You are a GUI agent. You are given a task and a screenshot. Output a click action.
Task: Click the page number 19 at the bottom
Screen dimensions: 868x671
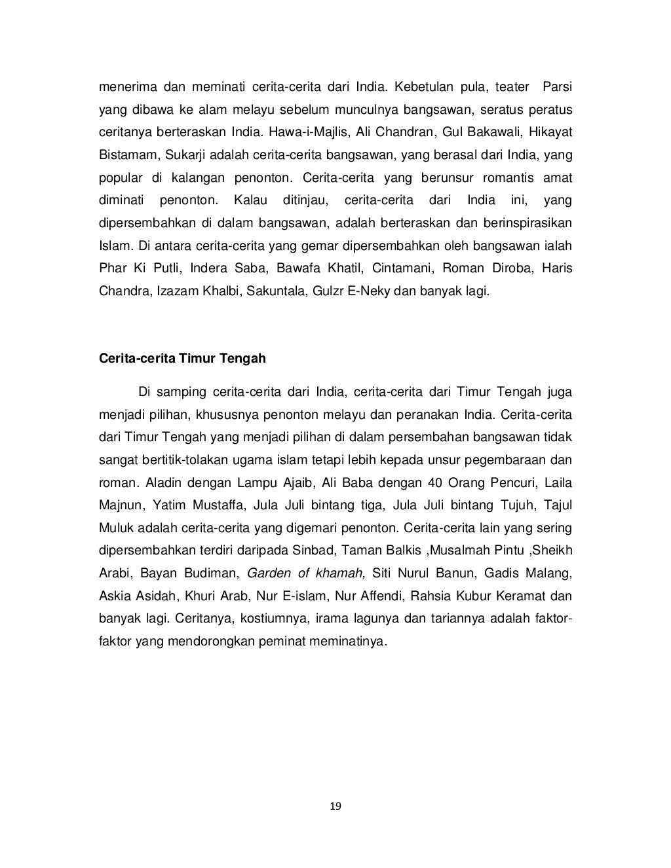coord(335,806)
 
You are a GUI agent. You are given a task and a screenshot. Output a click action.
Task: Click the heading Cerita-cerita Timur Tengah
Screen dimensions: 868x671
coord(182,358)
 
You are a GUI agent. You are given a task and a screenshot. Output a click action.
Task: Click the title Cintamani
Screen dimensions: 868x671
coord(402,268)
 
